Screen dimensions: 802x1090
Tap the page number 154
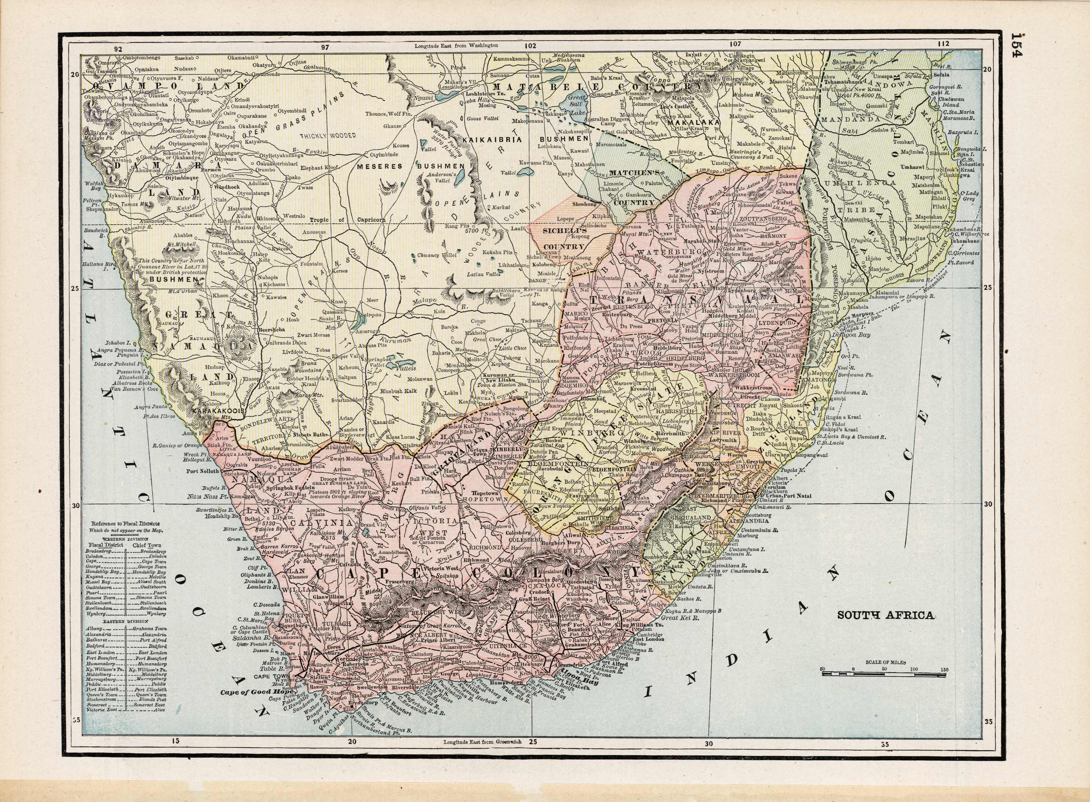[x=1067, y=45]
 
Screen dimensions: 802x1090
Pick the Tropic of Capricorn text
[x=347, y=219]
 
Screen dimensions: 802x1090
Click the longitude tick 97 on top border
[x=325, y=48]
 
